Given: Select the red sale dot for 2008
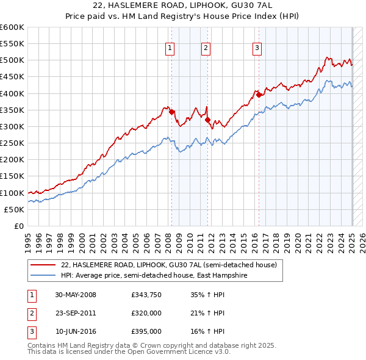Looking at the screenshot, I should click(x=172, y=112).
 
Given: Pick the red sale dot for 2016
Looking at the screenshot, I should click(x=259, y=95).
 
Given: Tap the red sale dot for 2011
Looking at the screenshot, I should click(x=208, y=120).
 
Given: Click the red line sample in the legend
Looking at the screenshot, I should click(x=43, y=265).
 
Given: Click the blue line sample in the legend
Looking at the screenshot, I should click(x=43, y=275).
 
